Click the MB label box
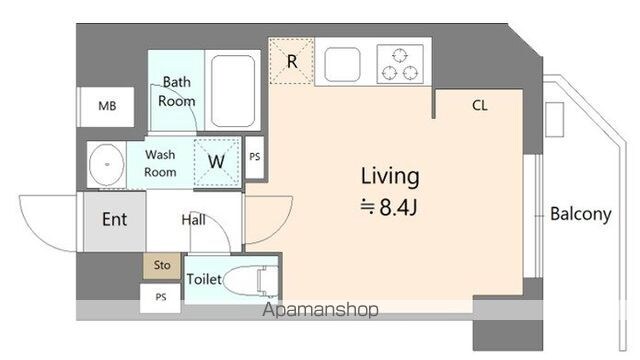pyautogui.click(x=106, y=107)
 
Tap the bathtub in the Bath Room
pyautogui.click(x=233, y=91)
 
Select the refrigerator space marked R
pyautogui.click(x=291, y=61)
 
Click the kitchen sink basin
pyautogui.click(x=342, y=64)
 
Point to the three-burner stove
pyautogui.click(x=400, y=64)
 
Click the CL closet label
pyautogui.click(x=480, y=105)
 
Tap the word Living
pyautogui.click(x=390, y=177)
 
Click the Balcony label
pyautogui.click(x=580, y=214)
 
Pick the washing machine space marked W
pyautogui.click(x=217, y=162)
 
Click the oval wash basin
pyautogui.click(x=107, y=164)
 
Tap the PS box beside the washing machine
pyautogui.click(x=255, y=157)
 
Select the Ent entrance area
pyautogui.click(x=115, y=221)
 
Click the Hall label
pyautogui.click(x=193, y=220)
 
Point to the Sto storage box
pyautogui.click(x=162, y=266)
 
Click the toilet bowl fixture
pyautogui.click(x=251, y=280)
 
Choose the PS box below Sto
pyautogui.click(x=160, y=298)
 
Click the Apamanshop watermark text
pyautogui.click(x=320, y=310)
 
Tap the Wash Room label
pyautogui.click(x=160, y=163)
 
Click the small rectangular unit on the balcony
pyautogui.click(x=555, y=119)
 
